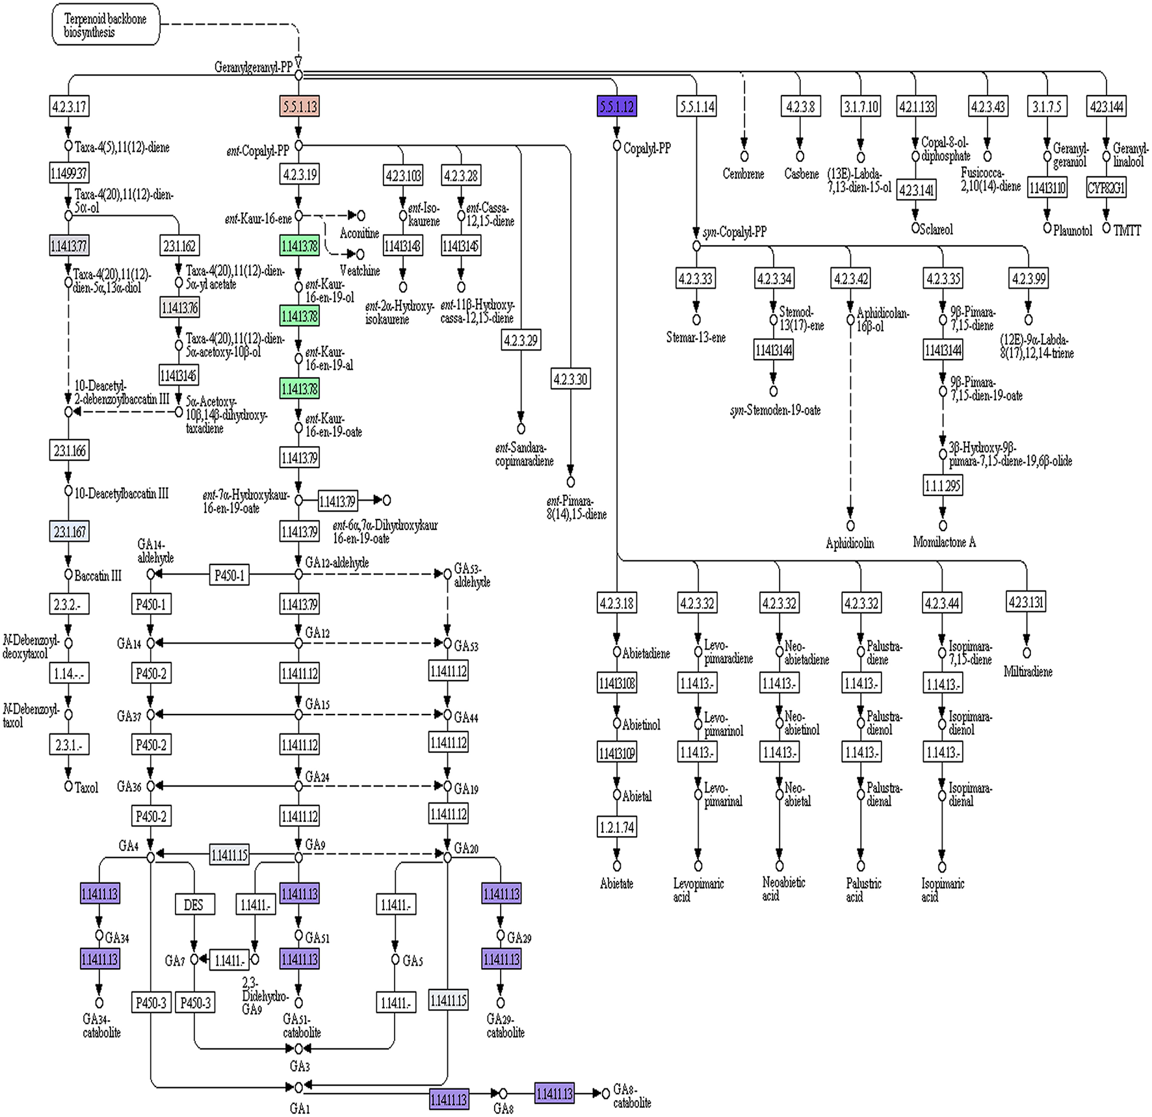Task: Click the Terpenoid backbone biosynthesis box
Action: (x=105, y=26)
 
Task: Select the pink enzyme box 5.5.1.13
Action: (x=300, y=106)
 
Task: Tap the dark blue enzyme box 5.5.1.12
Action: (x=616, y=106)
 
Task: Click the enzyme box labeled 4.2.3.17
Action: (x=69, y=106)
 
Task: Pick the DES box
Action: (x=194, y=904)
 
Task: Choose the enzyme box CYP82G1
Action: (x=1106, y=188)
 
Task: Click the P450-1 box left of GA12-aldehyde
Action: (x=229, y=575)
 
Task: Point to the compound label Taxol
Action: (x=86, y=787)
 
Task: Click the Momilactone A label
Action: (x=944, y=542)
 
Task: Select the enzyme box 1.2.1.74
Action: (x=616, y=827)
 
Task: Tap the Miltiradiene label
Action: (x=1027, y=672)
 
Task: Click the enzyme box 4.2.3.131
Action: (x=1026, y=602)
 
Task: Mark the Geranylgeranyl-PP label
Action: (x=253, y=68)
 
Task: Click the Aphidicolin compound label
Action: (x=850, y=543)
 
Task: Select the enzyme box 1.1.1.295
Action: (x=943, y=486)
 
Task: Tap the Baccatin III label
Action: (x=98, y=575)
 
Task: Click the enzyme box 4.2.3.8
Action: (x=800, y=106)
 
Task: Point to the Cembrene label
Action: (x=743, y=174)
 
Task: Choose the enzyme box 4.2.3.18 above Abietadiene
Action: (x=616, y=603)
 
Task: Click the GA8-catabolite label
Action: (x=631, y=1096)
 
